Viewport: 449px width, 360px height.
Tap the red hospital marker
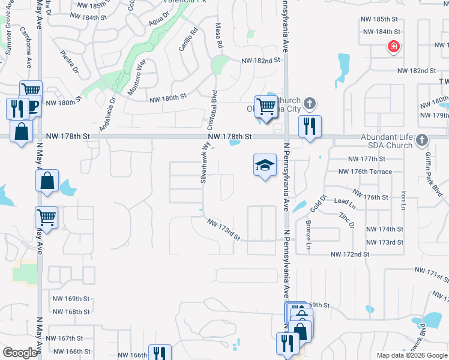point(394,47)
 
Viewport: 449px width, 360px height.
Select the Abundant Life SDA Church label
point(387,141)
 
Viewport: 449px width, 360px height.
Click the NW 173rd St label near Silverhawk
point(224,230)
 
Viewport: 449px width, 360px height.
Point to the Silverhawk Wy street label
point(204,166)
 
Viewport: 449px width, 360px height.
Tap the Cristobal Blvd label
point(212,111)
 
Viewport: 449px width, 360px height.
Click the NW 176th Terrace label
point(365,172)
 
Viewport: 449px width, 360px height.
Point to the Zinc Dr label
point(347,220)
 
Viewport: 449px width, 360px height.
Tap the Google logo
point(20,353)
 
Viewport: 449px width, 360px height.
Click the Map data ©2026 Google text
point(411,355)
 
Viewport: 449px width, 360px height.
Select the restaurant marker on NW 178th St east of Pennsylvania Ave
point(310,127)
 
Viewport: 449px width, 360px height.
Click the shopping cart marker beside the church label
point(265,107)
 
